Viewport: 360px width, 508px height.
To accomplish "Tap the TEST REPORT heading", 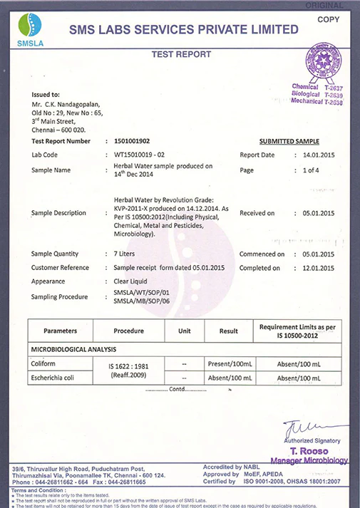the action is point(181,54).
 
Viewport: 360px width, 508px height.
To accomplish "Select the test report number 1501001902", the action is point(132,141).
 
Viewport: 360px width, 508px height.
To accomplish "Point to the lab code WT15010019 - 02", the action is point(141,155).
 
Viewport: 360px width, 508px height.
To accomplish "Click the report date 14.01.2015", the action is point(318,155).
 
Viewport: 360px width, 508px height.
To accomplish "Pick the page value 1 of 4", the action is point(311,170).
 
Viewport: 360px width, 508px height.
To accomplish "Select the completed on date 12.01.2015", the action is point(318,268).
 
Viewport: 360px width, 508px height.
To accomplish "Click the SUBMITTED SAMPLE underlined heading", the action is point(289,141).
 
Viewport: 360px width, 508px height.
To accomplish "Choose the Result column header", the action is point(228,331).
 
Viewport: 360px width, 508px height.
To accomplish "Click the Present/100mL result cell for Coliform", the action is point(227,363).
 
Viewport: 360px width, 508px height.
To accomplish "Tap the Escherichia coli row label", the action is point(58,378).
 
